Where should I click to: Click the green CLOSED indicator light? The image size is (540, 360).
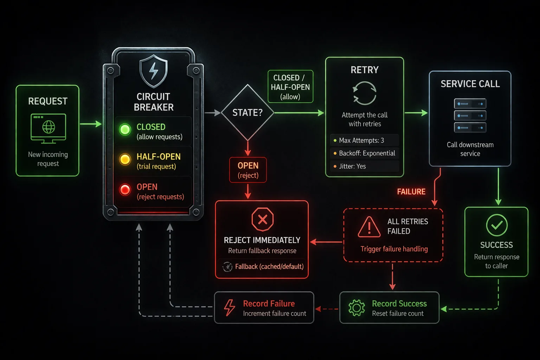click(125, 129)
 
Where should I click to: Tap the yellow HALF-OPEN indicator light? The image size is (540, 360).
click(125, 159)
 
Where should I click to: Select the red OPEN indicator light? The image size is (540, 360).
click(125, 189)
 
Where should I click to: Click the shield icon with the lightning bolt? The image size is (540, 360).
click(154, 71)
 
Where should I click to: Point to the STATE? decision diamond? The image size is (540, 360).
click(247, 112)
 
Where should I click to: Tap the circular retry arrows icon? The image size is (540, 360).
click(365, 93)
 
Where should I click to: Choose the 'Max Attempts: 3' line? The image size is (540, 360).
click(361, 140)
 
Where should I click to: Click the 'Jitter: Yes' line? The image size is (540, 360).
click(352, 166)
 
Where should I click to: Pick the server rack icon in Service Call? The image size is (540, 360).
click(470, 116)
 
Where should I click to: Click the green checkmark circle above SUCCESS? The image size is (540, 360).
click(496, 225)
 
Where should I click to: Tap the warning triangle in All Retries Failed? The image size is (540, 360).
click(369, 227)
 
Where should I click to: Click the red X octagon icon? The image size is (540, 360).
click(262, 219)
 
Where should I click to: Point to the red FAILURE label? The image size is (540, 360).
click(411, 192)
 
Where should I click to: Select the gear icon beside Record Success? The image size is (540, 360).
click(356, 308)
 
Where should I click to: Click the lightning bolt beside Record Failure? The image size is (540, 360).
click(230, 308)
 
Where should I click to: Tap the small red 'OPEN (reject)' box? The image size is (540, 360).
click(248, 170)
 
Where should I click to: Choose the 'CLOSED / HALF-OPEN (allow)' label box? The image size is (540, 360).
click(290, 87)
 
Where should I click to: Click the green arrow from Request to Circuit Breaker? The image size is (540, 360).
click(91, 124)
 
